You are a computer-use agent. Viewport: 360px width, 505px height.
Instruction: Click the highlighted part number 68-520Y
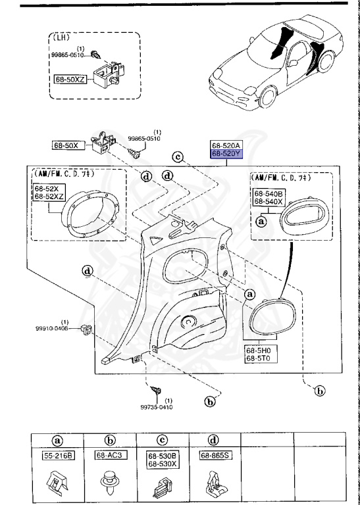pos(226,154)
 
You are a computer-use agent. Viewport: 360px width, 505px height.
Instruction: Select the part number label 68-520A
pos(226,145)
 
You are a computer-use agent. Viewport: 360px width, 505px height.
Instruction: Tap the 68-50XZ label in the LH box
pos(70,78)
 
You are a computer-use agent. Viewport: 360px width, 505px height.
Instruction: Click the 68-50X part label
pos(66,145)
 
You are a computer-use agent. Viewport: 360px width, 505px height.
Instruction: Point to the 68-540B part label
pos(269,194)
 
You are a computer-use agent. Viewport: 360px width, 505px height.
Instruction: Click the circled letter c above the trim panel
pos(177,156)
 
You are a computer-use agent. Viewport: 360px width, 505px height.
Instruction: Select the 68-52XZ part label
pos(49,197)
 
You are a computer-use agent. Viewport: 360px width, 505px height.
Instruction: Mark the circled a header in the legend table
pos(57,440)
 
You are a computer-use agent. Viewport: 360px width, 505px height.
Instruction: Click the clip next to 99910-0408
pos(86,328)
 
